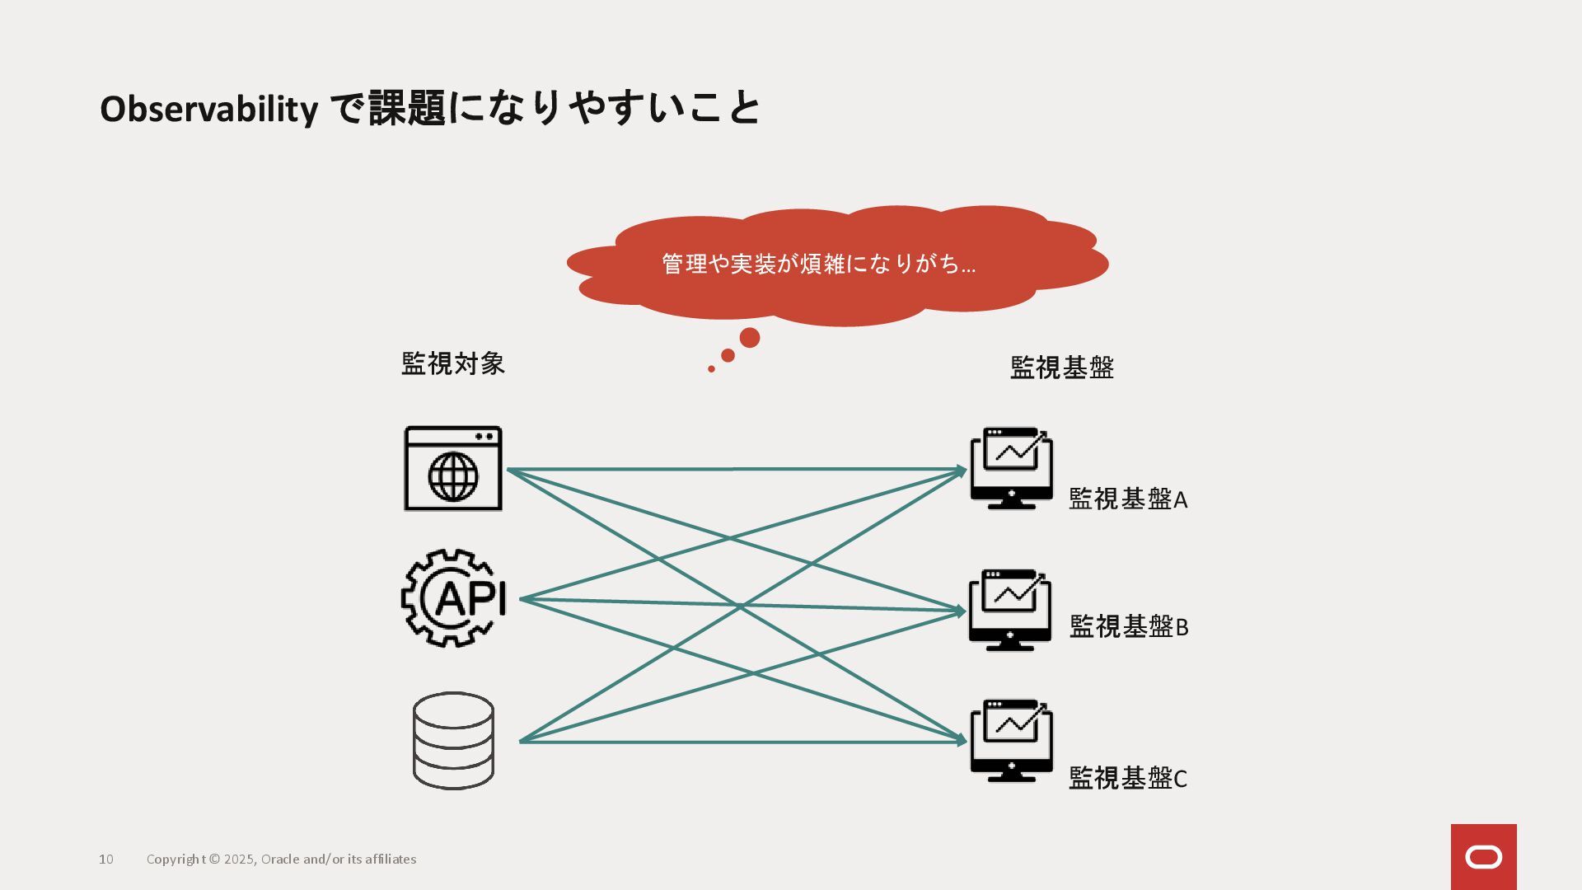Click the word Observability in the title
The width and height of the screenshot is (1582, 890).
pos(208,109)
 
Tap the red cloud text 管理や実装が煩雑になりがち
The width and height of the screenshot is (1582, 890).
pos(818,264)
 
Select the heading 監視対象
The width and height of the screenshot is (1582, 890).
pos(452,363)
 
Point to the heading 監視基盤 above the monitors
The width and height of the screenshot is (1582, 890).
pos(1061,368)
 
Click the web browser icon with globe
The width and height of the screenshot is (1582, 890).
pos(453,468)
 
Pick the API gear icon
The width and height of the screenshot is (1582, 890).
pos(453,598)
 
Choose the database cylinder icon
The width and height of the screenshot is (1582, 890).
pos(453,740)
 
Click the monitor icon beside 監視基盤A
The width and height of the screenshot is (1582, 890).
pos(1011,468)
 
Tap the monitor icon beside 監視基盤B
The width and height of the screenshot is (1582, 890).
pos(1010,610)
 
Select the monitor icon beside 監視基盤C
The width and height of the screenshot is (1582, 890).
pos(1011,740)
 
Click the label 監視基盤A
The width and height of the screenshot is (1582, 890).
pos(1127,499)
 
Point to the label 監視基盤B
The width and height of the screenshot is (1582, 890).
pos(1128,627)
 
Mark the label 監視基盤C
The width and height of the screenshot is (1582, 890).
pos(1127,778)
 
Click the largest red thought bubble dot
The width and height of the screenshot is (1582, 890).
pos(750,338)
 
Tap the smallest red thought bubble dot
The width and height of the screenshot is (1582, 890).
pos(711,369)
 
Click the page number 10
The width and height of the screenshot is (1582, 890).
pos(106,860)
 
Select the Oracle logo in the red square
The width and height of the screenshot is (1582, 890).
pos(1483,857)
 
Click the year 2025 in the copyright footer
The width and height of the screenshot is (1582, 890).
pos(239,860)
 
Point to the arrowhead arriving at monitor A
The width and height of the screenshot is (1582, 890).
pos(962,471)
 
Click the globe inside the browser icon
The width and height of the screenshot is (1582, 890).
pos(453,476)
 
